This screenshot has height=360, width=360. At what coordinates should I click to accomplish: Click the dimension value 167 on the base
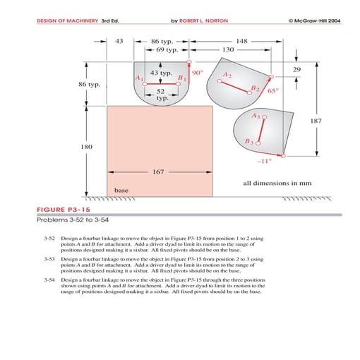(159, 172)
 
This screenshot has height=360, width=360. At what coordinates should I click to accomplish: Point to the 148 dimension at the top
(242, 42)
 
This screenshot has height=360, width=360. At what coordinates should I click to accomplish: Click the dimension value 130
(228, 51)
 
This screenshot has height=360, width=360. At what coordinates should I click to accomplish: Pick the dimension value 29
(296, 69)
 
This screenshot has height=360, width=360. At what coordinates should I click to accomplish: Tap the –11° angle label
(263, 160)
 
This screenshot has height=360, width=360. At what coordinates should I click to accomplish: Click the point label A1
(139, 77)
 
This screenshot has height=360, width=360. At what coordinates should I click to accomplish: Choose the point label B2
(256, 89)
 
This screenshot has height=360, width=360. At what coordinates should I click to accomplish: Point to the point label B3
(248, 142)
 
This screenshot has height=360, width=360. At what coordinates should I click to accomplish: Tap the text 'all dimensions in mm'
(277, 183)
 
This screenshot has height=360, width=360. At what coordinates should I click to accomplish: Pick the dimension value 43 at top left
(119, 42)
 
